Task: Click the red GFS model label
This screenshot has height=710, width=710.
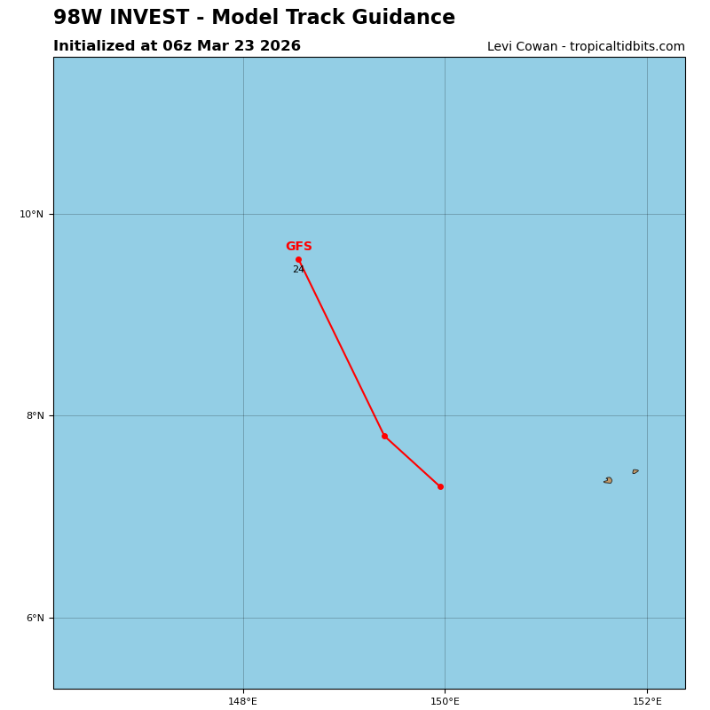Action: click(x=298, y=247)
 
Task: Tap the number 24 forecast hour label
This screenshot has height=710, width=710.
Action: click(x=298, y=270)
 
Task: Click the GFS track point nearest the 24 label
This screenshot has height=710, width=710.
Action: click(x=298, y=259)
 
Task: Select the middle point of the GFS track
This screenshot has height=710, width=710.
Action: click(x=384, y=436)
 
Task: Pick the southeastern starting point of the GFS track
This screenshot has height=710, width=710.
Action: click(x=440, y=486)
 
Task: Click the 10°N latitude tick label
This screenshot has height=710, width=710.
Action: click(x=31, y=214)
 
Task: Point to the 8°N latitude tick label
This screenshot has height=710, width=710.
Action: click(x=34, y=415)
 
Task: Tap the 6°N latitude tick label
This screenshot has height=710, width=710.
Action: click(x=34, y=618)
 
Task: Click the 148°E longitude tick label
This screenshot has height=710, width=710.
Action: click(x=242, y=702)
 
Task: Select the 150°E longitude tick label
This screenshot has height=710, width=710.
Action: click(x=445, y=702)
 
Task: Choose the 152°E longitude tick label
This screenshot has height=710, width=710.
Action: click(x=647, y=702)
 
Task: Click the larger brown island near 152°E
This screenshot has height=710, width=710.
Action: click(x=608, y=480)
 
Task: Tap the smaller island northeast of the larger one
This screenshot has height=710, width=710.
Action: click(x=635, y=471)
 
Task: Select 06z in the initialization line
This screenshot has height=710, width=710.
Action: click(x=177, y=46)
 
